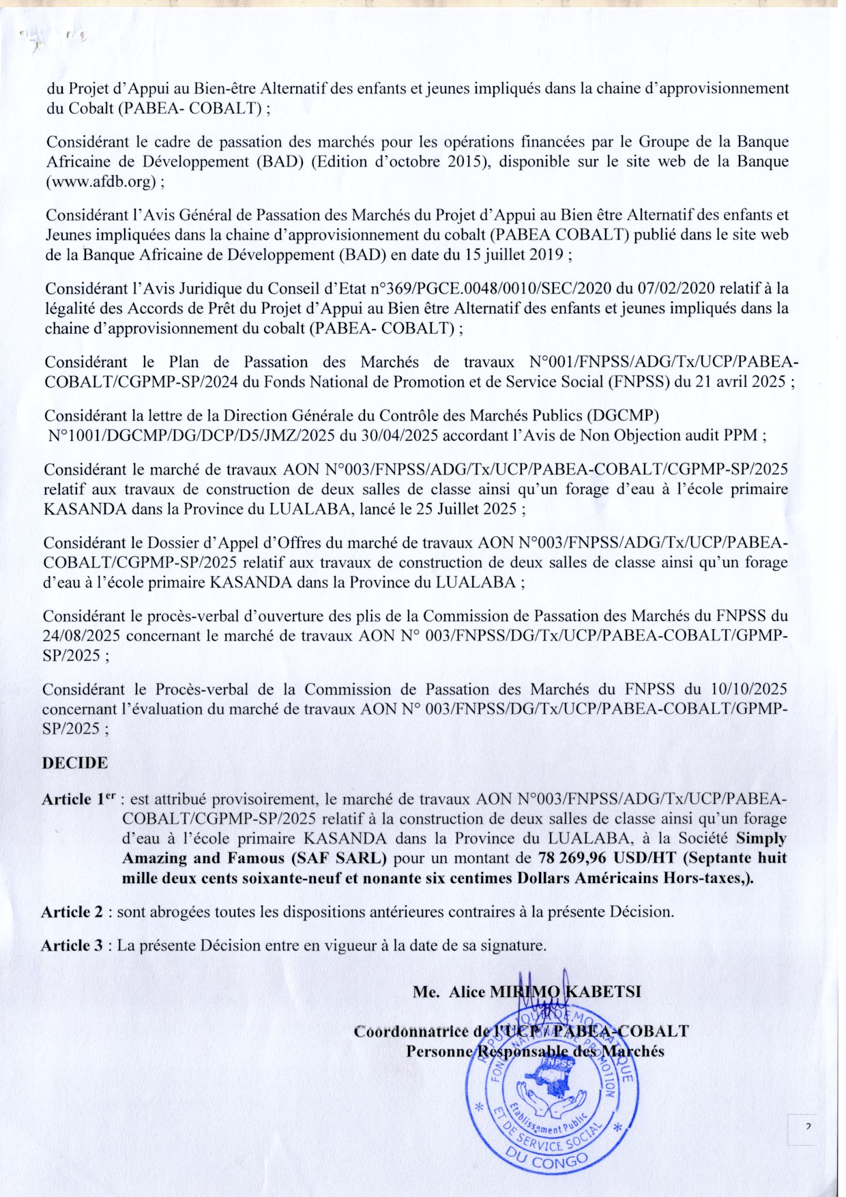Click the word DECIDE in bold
[x=75, y=763]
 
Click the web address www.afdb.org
[x=102, y=182]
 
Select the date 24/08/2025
[x=82, y=636]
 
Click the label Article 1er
[x=76, y=799]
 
